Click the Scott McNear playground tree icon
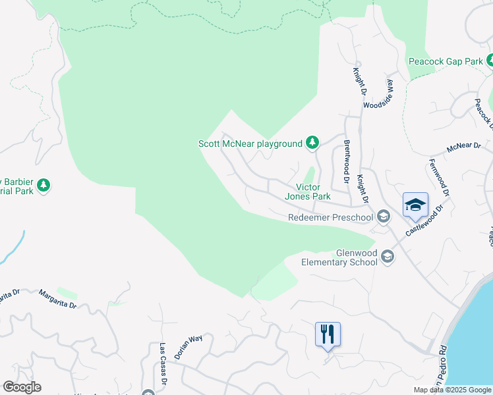pos(312,143)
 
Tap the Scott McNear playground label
pos(250,144)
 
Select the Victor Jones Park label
pos(307,192)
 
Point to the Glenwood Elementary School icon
pos(388,257)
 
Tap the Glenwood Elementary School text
pos(339,257)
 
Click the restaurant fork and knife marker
pos(328,334)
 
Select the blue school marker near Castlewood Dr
pos(415,205)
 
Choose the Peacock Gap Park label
pos(446,61)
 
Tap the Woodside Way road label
pos(378,96)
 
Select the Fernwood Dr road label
pos(440,178)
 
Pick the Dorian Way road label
pos(188,346)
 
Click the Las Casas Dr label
pos(163,359)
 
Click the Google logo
pos(22,387)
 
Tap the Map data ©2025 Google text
pos(451,390)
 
